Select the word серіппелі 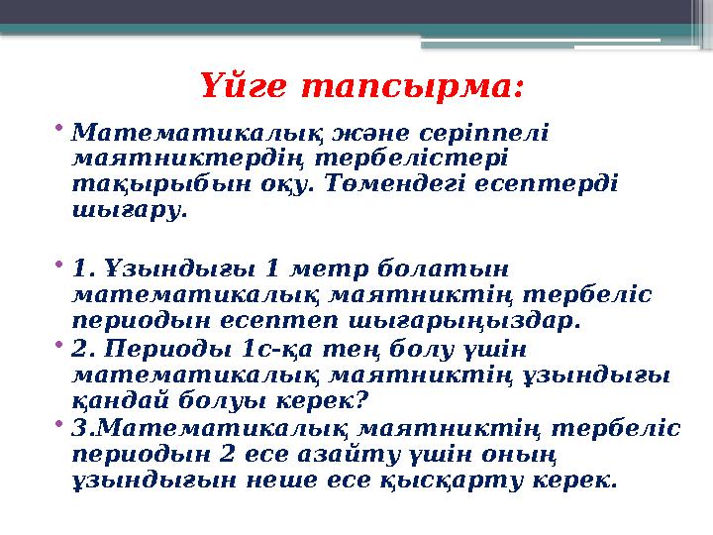[490, 133]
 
